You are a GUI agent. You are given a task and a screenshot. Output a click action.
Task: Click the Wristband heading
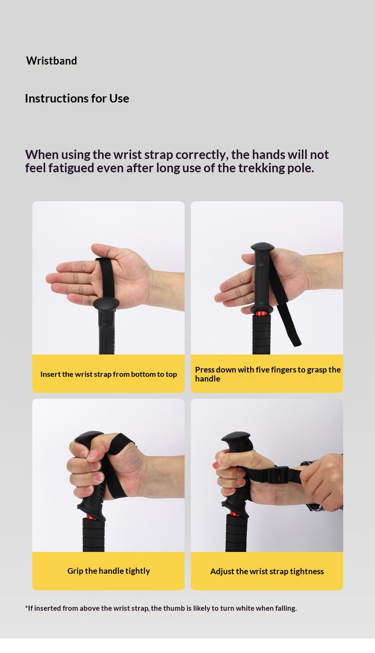pyautogui.click(x=52, y=61)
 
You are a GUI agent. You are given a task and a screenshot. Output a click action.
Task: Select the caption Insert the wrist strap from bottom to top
pyautogui.click(x=109, y=374)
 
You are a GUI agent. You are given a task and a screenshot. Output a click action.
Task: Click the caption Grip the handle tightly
pyautogui.click(x=109, y=571)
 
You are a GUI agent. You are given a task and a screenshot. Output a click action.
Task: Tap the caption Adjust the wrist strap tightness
pyautogui.click(x=267, y=571)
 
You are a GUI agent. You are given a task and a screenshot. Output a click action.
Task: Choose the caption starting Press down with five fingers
pyautogui.click(x=268, y=374)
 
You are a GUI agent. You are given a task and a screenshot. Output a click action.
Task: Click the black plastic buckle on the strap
pyautogui.click(x=278, y=476)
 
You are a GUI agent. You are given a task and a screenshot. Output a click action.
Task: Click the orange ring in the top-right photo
pyautogui.click(x=262, y=314)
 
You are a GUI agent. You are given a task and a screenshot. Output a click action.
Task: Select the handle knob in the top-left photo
pyautogui.click(x=106, y=303)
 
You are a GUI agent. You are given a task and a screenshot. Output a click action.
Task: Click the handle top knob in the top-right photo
pyautogui.click(x=262, y=247)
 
